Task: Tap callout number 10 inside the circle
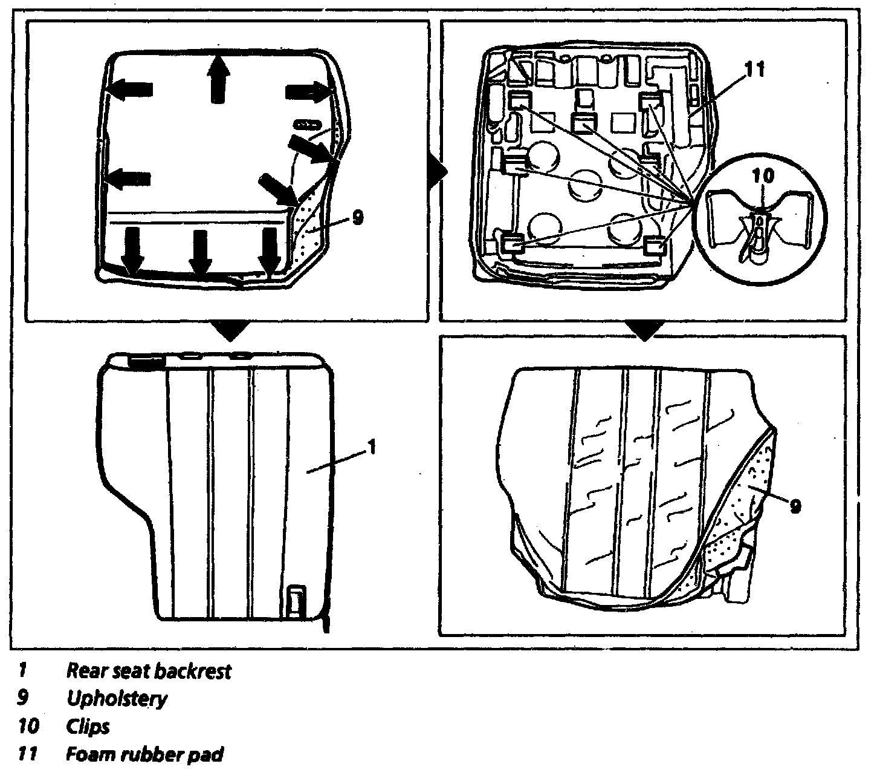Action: coord(764,177)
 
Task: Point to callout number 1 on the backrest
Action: coord(372,447)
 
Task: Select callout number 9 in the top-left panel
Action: coord(357,218)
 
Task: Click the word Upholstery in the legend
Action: coord(117,699)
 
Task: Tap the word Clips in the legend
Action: coord(88,727)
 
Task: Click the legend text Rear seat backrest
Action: coord(149,671)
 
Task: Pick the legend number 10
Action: coord(27,727)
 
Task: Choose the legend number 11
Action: coord(27,754)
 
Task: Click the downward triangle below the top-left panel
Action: coord(233,330)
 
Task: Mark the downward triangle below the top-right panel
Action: coord(645,330)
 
